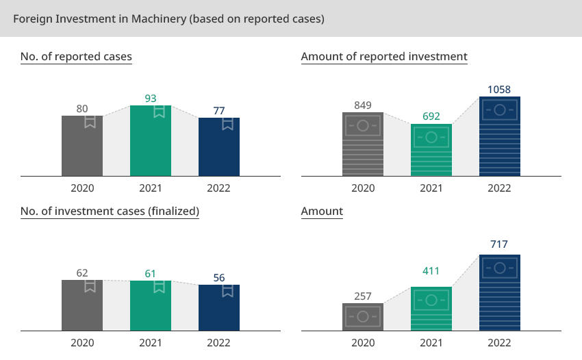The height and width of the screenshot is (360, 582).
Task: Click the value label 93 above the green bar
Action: (151, 99)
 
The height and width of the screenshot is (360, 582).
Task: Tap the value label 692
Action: (431, 116)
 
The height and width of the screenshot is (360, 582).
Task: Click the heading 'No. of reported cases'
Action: (76, 56)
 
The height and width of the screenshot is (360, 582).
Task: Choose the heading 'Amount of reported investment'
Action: (384, 56)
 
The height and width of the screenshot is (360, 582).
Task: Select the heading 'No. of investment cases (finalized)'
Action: (110, 211)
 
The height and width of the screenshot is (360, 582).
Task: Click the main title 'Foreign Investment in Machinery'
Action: (168, 18)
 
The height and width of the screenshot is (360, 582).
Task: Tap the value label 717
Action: (500, 244)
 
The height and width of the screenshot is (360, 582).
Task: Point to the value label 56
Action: (219, 278)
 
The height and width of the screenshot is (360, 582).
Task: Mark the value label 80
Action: (82, 108)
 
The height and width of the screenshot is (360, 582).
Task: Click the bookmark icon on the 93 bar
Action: (159, 112)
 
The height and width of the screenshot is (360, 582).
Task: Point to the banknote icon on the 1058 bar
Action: (500, 109)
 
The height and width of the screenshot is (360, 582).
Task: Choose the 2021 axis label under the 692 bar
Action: (431, 188)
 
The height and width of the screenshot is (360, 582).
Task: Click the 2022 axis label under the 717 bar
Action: (500, 343)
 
